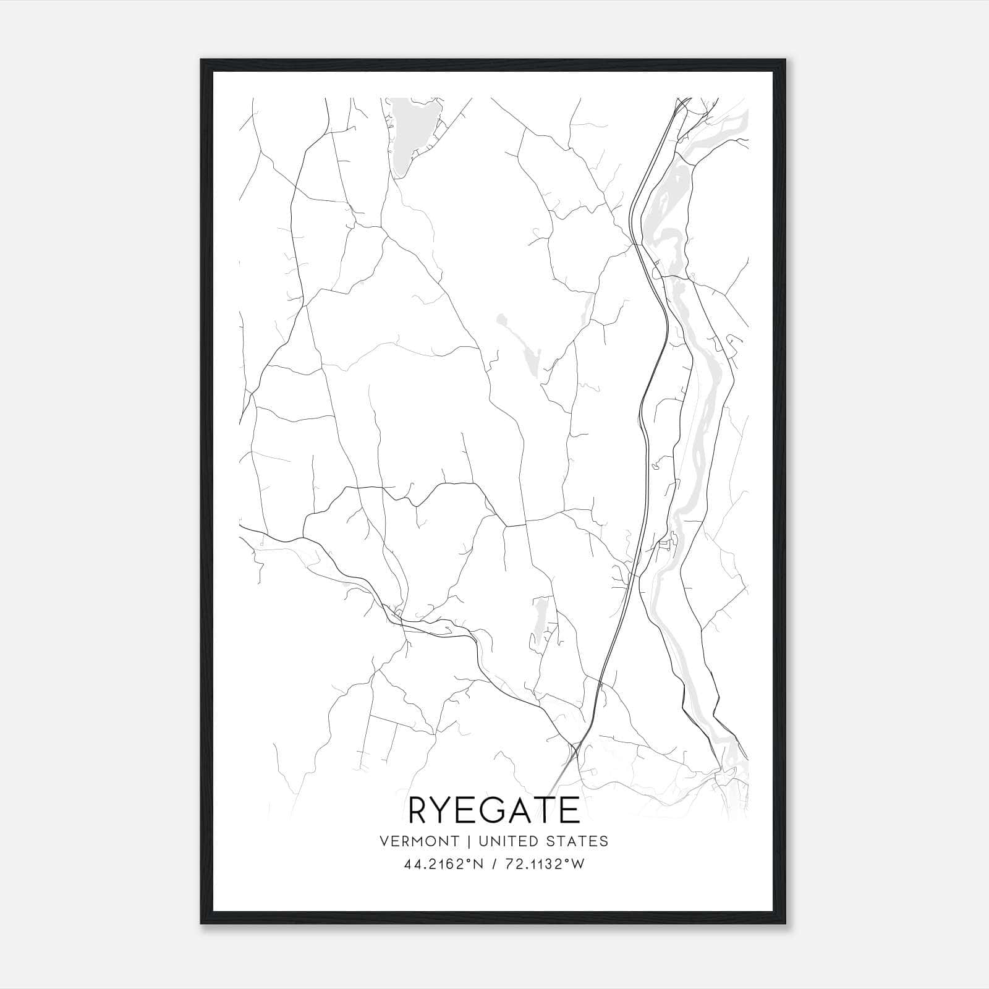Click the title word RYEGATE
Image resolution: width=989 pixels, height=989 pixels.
tap(494, 810)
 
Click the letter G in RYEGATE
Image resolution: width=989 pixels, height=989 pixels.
tap(498, 810)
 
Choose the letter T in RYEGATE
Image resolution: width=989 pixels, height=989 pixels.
tap(550, 810)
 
